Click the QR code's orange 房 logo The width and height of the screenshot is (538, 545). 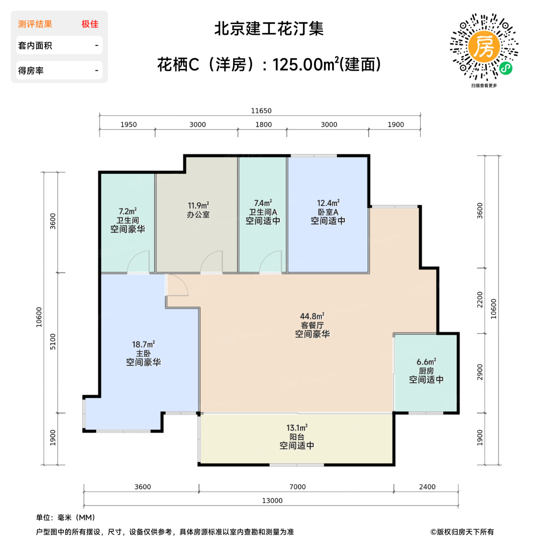484,46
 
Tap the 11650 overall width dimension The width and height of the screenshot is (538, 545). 261,111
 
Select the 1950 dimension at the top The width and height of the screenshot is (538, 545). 128,125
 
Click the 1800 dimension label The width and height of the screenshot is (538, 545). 264,125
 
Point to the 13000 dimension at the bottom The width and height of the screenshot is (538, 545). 272,501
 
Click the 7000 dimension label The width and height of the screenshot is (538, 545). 297,487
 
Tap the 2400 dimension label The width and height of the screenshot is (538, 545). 427,487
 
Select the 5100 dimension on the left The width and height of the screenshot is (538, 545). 53,341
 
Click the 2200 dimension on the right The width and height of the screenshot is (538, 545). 480,299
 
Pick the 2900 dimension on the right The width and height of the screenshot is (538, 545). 480,372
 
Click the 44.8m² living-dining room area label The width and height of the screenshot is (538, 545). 312,316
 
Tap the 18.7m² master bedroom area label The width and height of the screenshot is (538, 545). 143,345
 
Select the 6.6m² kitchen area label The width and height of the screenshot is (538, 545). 426,362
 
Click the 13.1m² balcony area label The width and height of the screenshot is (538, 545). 297,428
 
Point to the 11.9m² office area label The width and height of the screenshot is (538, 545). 198,206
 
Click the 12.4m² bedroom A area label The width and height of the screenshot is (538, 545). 328,203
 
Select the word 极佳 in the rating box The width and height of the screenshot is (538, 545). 90,24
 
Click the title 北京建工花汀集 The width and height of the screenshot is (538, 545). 269,29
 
